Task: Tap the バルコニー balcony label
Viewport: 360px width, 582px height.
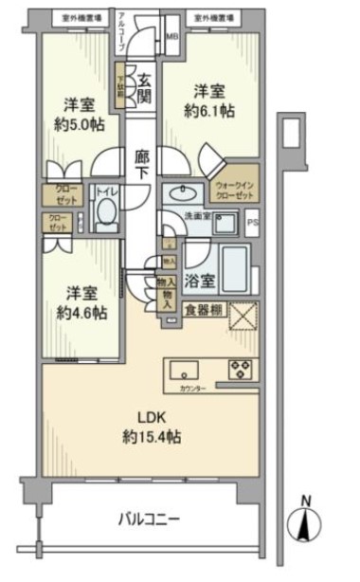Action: [x=150, y=518]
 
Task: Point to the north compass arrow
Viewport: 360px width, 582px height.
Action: [x=303, y=521]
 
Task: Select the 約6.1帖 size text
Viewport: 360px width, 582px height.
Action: [x=209, y=111]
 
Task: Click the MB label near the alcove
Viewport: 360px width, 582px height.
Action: [x=171, y=38]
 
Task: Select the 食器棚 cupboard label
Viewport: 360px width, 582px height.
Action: [x=204, y=309]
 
